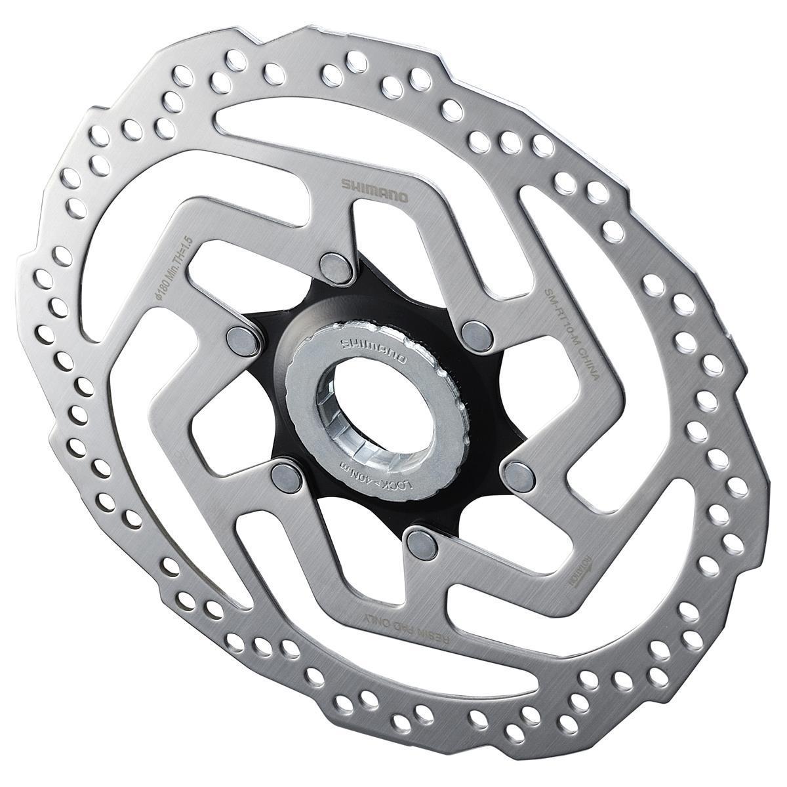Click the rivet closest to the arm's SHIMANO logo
(x=334, y=262)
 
